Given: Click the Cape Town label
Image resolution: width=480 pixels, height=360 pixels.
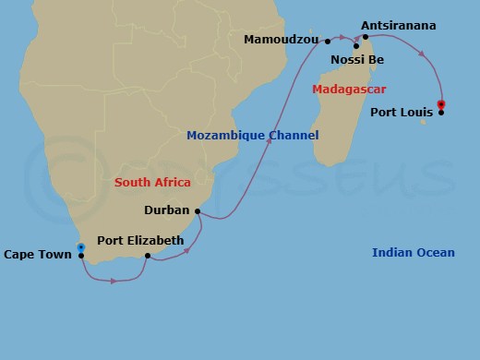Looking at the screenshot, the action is (38, 255).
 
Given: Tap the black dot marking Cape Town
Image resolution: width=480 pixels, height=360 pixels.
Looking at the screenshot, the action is (81, 256).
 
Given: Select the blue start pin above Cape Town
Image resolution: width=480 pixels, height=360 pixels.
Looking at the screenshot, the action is (81, 247).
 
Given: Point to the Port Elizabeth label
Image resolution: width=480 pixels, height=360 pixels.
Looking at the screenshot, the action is (140, 240).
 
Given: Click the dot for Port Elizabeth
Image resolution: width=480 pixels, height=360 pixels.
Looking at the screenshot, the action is (148, 256).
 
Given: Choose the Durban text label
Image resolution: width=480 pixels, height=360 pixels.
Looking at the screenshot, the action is (167, 210).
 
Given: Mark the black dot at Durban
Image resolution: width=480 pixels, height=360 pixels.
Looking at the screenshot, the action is (198, 210).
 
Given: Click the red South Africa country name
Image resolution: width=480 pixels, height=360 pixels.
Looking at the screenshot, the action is (152, 183).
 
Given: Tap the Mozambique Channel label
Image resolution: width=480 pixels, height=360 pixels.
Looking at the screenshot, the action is (252, 136).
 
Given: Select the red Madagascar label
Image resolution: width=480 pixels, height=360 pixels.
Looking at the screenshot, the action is (349, 90).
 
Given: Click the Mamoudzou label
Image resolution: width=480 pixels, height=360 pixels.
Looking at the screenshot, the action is (282, 40).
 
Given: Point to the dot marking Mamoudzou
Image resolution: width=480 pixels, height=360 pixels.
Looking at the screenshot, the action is (328, 41).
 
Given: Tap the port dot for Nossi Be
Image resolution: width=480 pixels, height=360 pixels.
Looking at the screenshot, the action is (356, 45).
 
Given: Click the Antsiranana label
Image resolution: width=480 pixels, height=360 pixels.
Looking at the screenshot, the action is (399, 25).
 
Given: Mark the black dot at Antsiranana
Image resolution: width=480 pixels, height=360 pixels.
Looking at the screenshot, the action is (366, 37).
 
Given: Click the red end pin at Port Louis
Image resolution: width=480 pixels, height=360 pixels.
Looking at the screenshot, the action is (441, 103).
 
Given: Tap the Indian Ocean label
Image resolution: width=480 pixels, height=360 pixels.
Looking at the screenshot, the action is (414, 253).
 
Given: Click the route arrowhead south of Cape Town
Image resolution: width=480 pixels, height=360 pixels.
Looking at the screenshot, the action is (114, 281).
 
